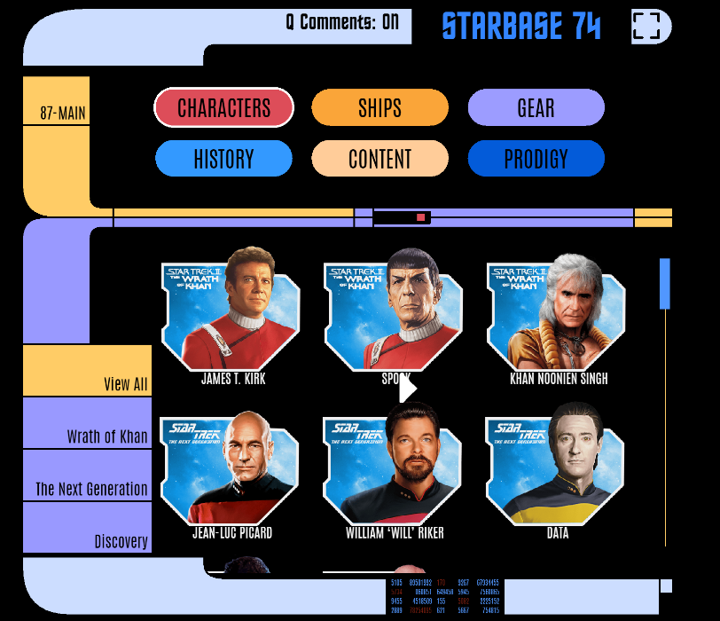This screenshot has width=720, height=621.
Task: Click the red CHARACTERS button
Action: tap(223, 108)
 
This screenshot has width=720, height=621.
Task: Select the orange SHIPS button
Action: tap(380, 108)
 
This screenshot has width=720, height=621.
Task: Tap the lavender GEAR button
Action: tap(536, 108)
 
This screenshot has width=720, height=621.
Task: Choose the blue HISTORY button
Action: tap(223, 159)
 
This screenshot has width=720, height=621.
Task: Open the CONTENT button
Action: tap(380, 159)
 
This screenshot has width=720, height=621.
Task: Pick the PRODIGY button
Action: tap(536, 159)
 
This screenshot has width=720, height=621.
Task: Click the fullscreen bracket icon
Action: tap(646, 27)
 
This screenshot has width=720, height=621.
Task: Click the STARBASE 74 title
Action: tap(521, 28)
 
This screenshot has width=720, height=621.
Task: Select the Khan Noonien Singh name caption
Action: tap(559, 379)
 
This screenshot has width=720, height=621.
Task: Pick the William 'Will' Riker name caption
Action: tap(395, 533)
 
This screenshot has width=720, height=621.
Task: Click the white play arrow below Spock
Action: tap(407, 389)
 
